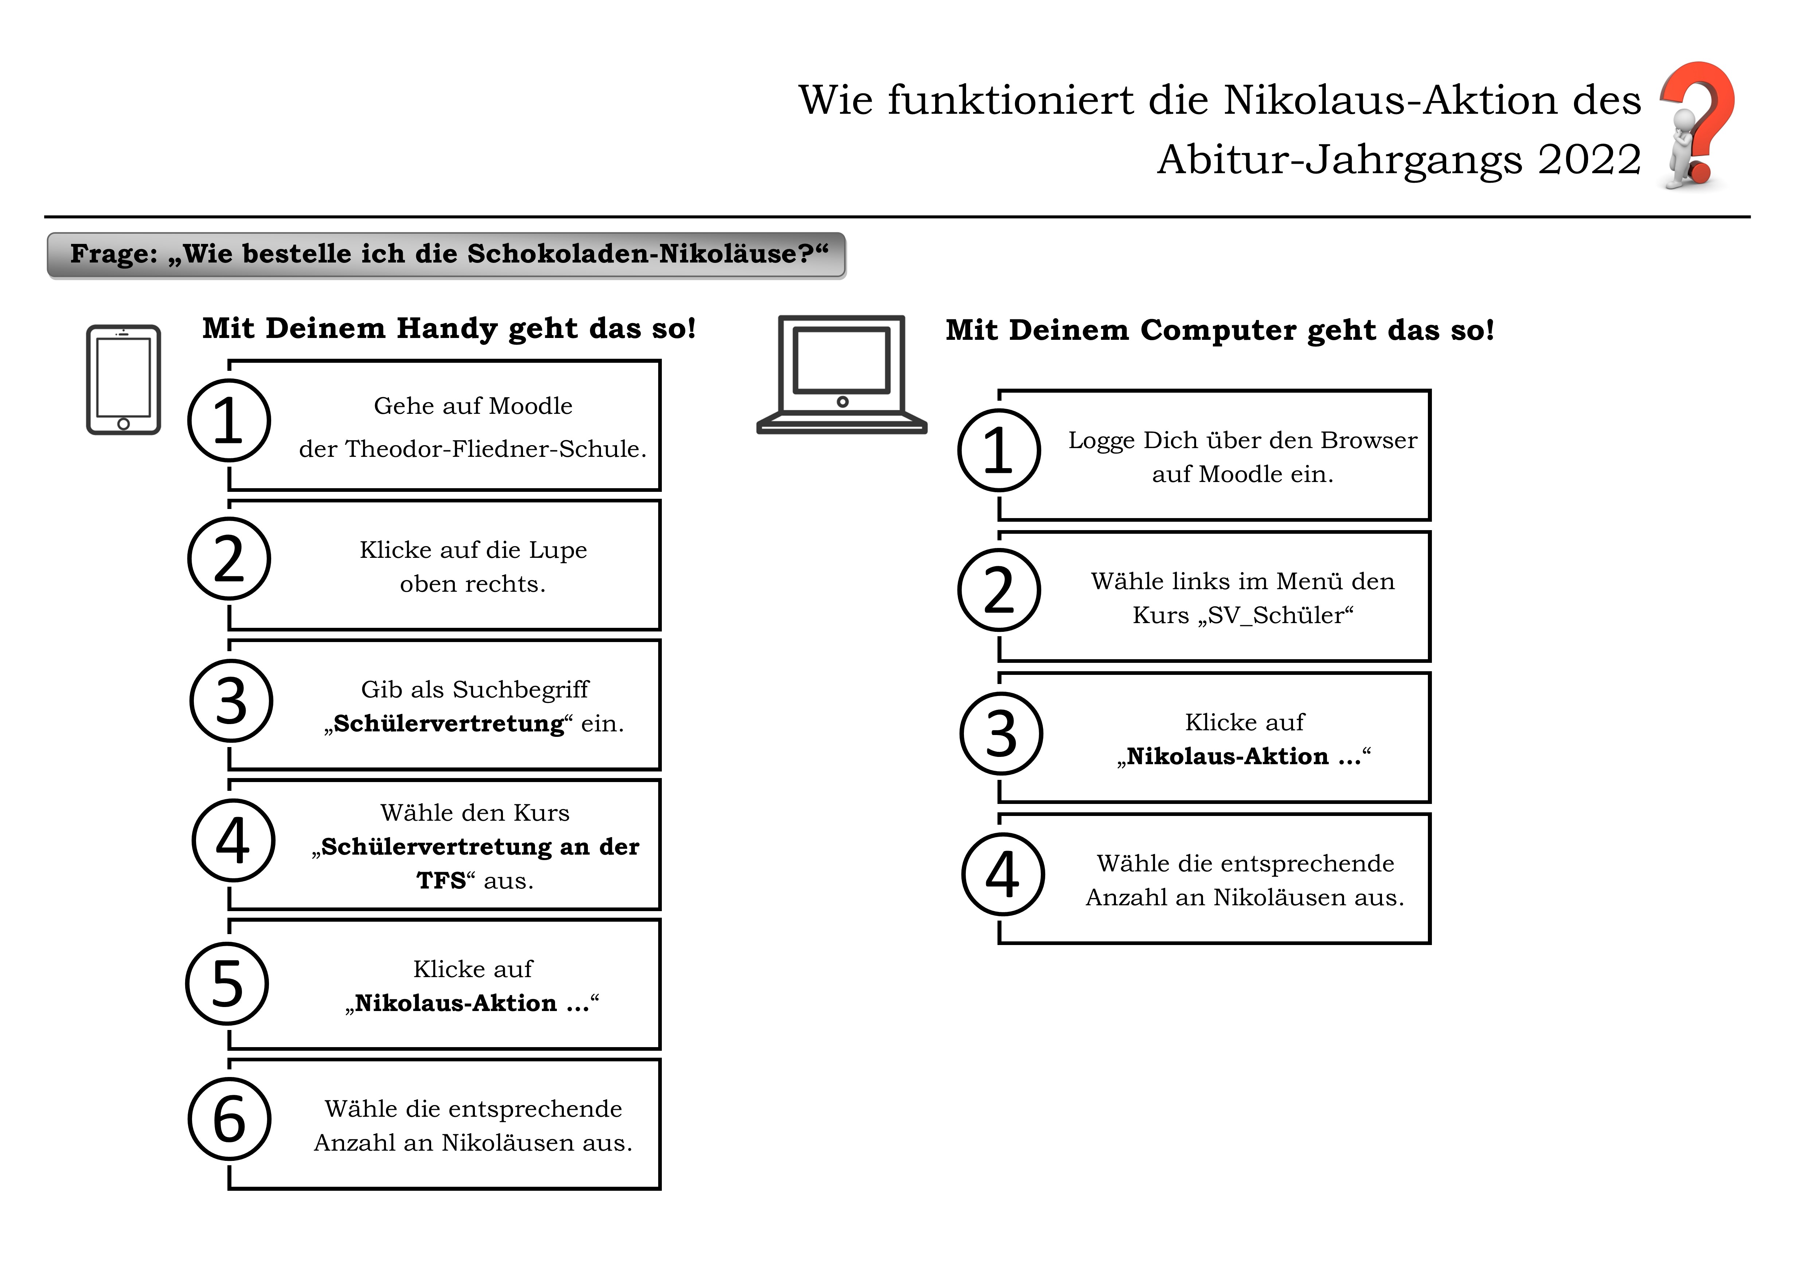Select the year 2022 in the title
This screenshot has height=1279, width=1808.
pyautogui.click(x=1589, y=160)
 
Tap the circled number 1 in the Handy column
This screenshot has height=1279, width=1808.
pyautogui.click(x=229, y=420)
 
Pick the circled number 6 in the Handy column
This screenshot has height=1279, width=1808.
pyautogui.click(x=229, y=1119)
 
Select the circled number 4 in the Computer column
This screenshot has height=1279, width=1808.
pyautogui.click(x=1003, y=874)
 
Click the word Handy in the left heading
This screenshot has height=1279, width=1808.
pyautogui.click(x=446, y=329)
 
